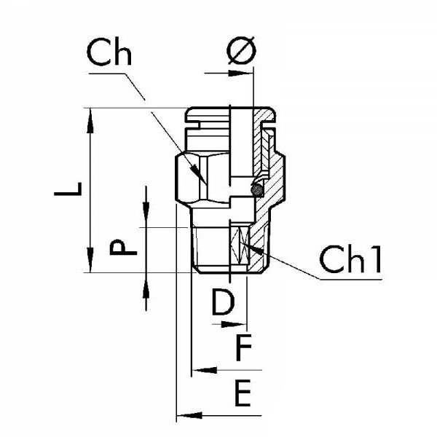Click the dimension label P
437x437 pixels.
point(124,248)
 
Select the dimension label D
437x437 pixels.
point(224,302)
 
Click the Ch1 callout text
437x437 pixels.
point(350,261)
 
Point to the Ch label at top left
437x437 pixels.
point(109,53)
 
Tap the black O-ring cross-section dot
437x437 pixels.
point(256,189)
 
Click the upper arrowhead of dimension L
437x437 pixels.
point(91,120)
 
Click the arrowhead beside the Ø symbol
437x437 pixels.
point(242,73)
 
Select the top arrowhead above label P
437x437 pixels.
point(146,216)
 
